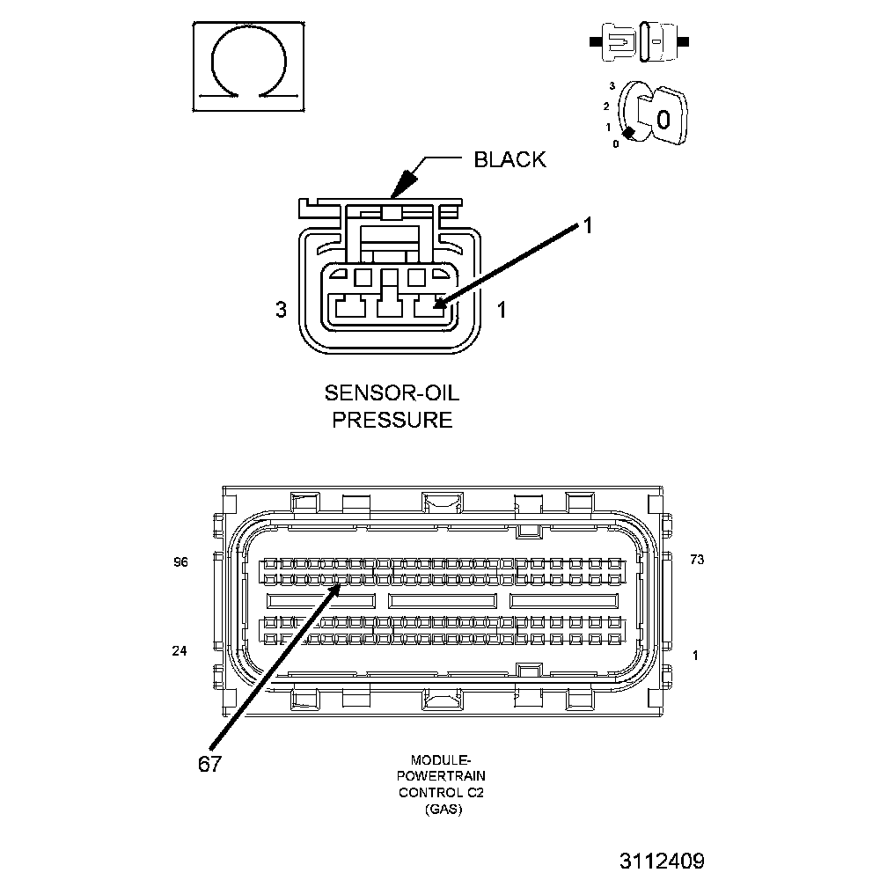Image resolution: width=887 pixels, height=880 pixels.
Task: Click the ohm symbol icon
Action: click(248, 66)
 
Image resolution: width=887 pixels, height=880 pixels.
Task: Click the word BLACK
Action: click(509, 159)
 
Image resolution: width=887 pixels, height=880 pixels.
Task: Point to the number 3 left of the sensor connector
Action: click(281, 310)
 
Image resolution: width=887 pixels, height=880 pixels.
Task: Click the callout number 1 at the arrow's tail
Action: click(588, 226)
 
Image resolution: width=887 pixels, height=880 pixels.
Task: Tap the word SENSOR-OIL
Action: click(392, 391)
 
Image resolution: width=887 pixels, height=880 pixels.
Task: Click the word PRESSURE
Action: click(392, 419)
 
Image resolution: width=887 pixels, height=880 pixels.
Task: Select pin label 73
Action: click(697, 560)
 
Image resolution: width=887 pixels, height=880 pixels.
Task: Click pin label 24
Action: click(180, 651)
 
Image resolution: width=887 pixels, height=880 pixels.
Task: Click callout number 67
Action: click(209, 763)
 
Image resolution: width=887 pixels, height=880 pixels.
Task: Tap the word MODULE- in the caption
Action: click(442, 759)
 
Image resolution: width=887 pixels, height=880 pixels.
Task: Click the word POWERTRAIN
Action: click(442, 776)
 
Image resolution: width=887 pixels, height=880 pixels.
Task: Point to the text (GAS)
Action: click(442, 810)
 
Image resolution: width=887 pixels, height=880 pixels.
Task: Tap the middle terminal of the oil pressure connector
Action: click(388, 307)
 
